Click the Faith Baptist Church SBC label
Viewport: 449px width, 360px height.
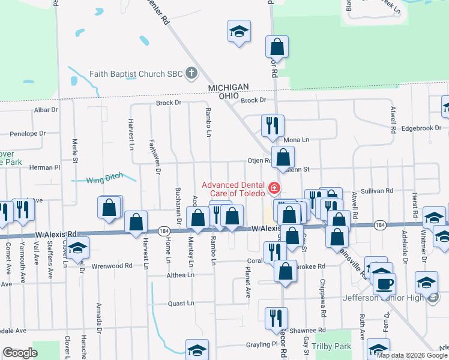coord(136,74)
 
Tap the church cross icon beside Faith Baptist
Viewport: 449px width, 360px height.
coord(191,74)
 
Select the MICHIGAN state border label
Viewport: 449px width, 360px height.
coord(228,88)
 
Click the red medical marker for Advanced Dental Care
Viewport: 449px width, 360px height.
coord(275,188)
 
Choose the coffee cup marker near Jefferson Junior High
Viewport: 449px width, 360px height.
coord(384,283)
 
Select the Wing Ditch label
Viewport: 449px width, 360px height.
coord(104,178)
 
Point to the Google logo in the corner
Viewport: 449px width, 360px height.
coord(20,353)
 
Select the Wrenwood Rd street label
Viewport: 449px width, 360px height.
coord(112,265)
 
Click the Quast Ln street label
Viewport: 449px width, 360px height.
coord(181,304)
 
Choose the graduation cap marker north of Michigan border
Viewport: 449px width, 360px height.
coord(239,32)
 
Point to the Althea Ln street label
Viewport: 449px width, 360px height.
coord(181,275)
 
